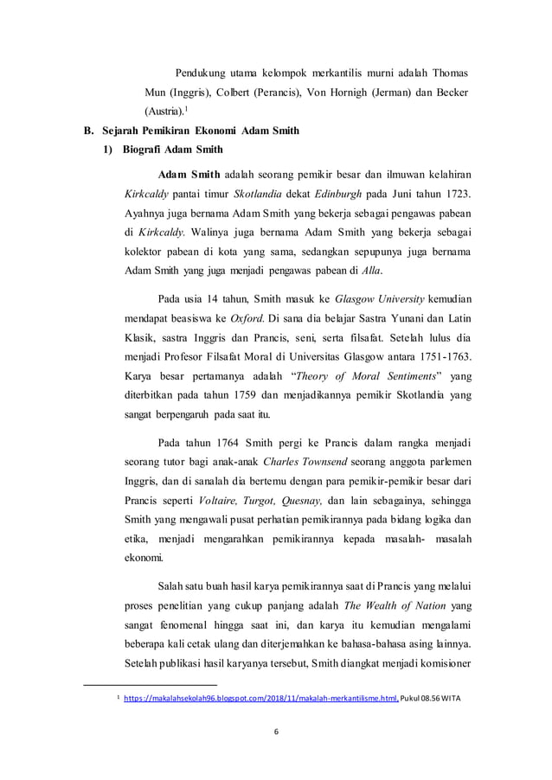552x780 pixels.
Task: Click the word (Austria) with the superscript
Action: click(x=162, y=112)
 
